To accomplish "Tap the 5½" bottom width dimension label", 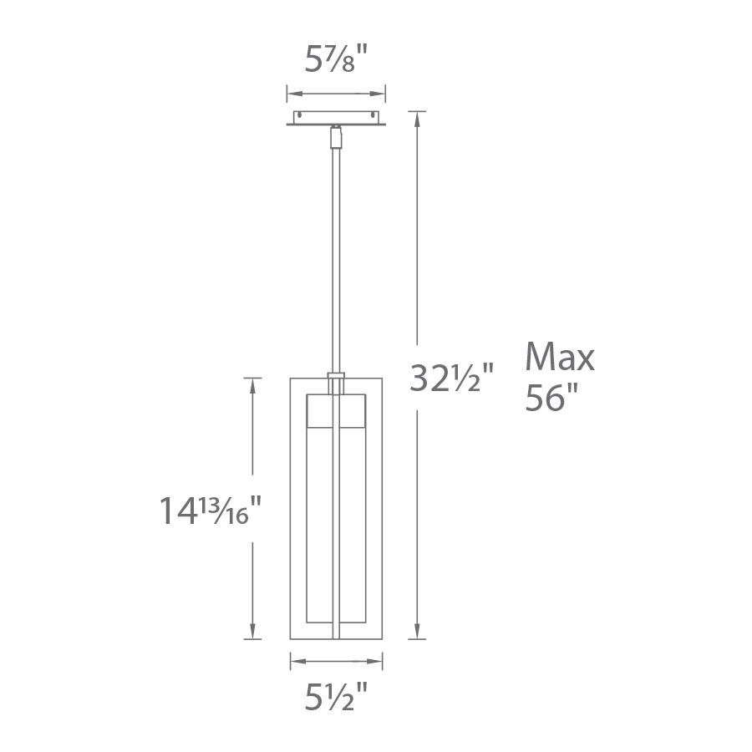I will [x=337, y=697].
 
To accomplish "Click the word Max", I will [x=560, y=358].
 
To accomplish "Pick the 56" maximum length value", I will [x=552, y=399].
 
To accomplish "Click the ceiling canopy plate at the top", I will [x=336, y=119].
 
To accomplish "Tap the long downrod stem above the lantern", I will [x=336, y=251].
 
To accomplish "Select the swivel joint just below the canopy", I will [x=336, y=135].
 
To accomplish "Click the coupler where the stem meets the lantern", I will [x=336, y=383].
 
